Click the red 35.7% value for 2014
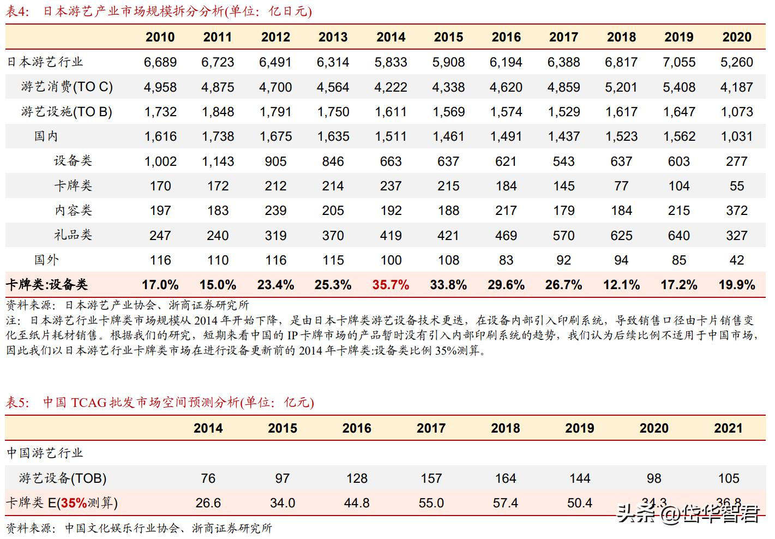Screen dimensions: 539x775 390,285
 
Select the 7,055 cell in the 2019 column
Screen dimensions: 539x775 678,62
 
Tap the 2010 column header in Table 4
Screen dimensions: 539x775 160,37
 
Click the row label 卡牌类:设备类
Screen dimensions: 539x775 47,285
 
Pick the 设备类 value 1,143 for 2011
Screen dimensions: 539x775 218,161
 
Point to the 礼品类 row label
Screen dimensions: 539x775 73,235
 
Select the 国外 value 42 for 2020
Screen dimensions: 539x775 736,260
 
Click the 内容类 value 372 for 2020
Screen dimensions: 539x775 736,211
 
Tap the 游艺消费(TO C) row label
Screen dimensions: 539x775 67,87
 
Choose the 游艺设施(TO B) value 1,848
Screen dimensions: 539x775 218,112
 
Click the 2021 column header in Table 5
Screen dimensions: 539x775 728,428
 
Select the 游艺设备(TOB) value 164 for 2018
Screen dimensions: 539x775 505,478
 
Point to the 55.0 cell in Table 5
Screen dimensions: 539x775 431,503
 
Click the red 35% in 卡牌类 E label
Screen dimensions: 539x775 74,503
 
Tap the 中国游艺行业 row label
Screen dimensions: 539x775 45,453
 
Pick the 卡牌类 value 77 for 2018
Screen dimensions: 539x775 621,186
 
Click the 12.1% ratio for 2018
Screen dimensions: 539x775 621,285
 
